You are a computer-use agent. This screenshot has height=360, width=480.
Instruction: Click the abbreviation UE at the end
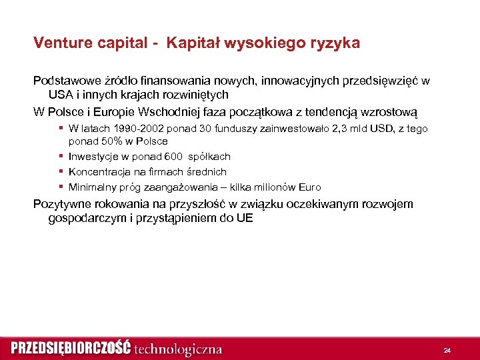(244, 218)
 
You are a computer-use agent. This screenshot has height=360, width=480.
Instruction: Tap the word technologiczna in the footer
(178, 349)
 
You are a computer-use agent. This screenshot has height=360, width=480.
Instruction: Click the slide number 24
(447, 350)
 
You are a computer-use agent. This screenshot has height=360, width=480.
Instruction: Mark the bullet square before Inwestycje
(61, 157)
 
